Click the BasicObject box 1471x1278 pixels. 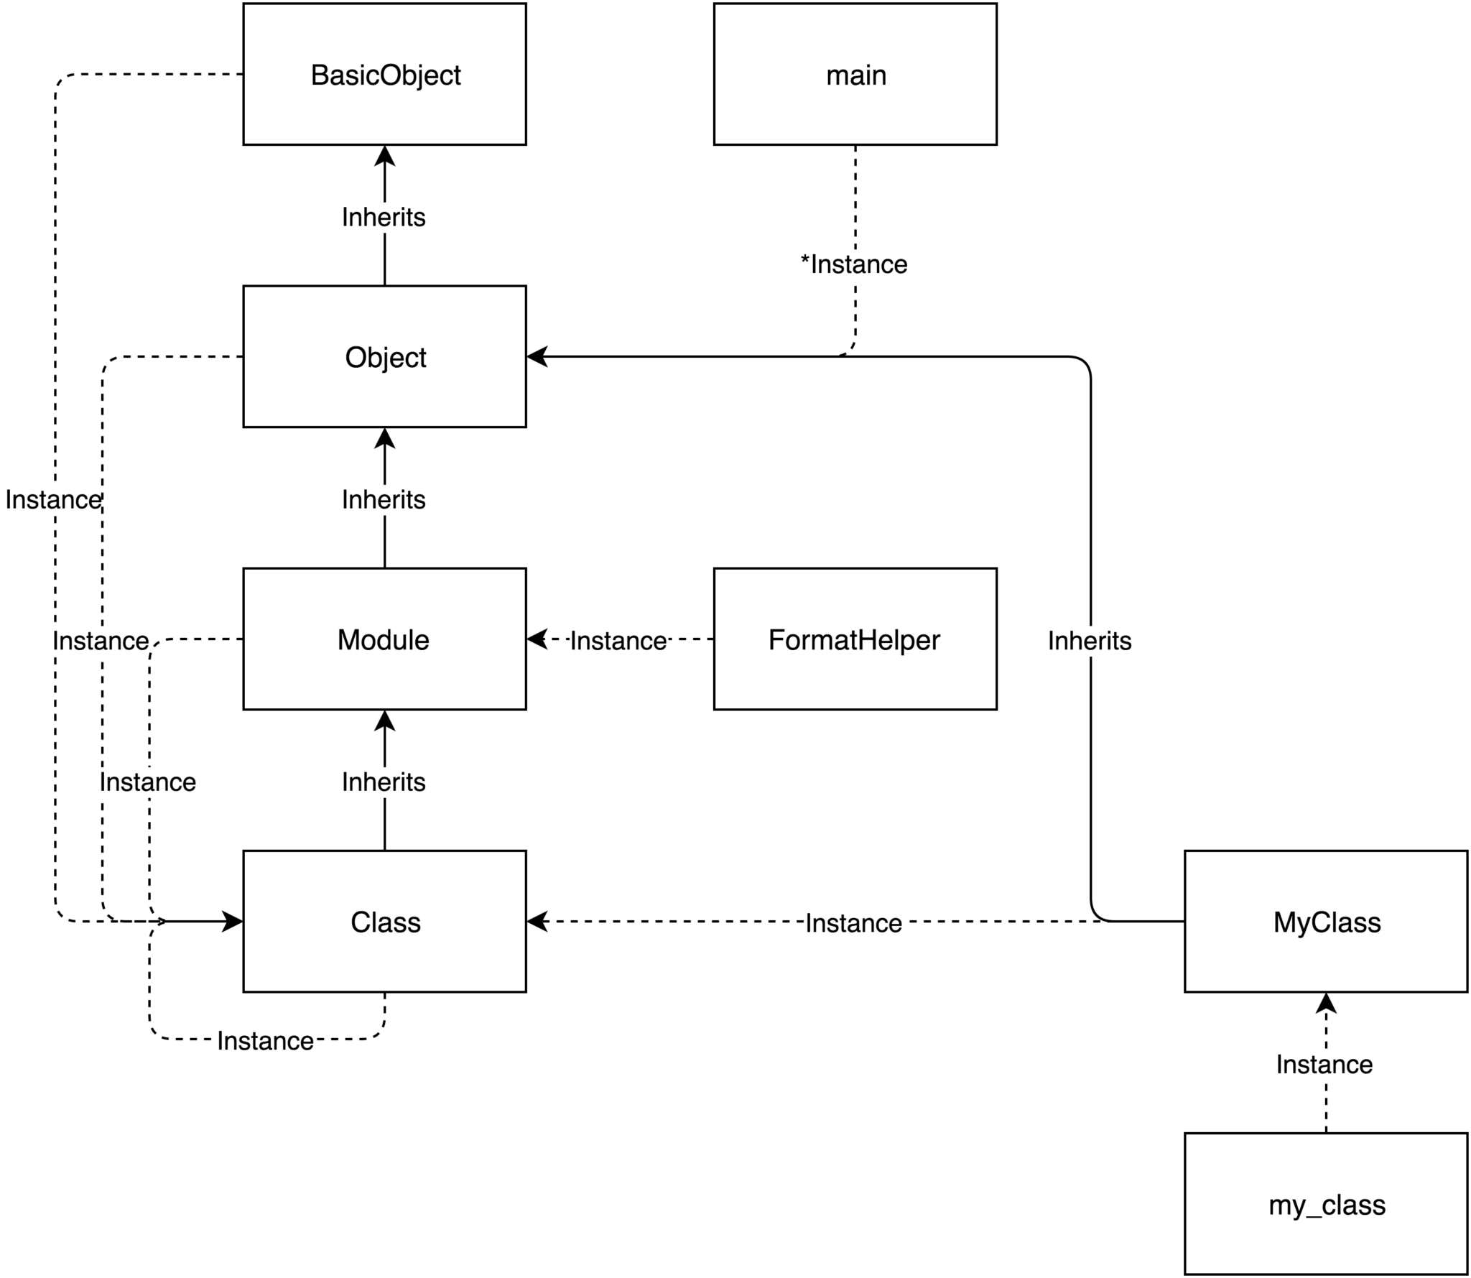(x=384, y=74)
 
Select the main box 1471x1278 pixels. (x=855, y=74)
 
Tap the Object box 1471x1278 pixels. (x=384, y=356)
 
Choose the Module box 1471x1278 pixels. (x=384, y=639)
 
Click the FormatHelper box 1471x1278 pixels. (x=855, y=639)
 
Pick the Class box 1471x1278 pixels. (x=384, y=921)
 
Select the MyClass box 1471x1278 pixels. (x=1325, y=921)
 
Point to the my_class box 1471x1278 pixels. (x=1325, y=1203)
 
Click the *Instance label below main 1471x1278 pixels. (x=854, y=264)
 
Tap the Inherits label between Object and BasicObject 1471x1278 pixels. (x=384, y=217)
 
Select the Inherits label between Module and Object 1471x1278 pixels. (x=384, y=499)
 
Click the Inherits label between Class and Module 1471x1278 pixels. (x=384, y=782)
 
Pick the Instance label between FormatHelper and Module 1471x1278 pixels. (x=618, y=640)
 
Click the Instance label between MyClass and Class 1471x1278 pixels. (x=853, y=923)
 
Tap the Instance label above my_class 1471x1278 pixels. (x=1324, y=1064)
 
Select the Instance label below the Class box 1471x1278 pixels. (x=265, y=1041)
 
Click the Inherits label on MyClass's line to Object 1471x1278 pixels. (x=1090, y=640)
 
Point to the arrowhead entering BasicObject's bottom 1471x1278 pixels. (x=384, y=155)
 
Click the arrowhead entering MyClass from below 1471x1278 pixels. (x=1325, y=1003)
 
